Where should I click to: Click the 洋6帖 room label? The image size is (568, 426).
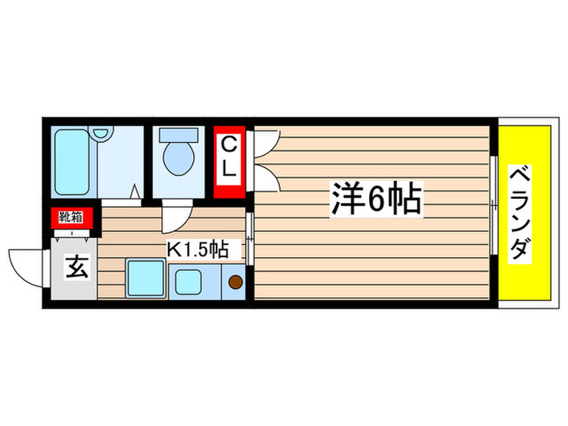pyautogui.click(x=376, y=199)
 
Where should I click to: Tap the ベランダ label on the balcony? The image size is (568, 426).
pyautogui.click(x=520, y=213)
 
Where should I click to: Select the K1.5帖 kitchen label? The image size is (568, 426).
pyautogui.click(x=197, y=249)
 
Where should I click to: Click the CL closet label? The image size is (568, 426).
pyautogui.click(x=230, y=158)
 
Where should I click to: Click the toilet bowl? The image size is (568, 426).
pyautogui.click(x=179, y=157)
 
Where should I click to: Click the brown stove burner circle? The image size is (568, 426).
pyautogui.click(x=235, y=283)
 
